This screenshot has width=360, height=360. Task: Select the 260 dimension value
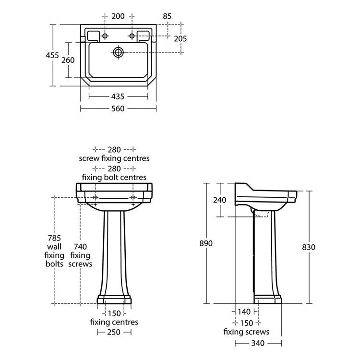tap(68, 60)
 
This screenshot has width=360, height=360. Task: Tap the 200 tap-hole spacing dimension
tap(118, 16)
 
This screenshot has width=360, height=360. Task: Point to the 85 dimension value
tap(167, 16)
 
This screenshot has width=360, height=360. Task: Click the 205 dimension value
tap(180, 38)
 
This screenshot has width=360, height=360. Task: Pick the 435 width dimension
tap(118, 96)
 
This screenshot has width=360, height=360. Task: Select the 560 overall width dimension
tap(118, 108)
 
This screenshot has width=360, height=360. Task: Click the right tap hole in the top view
tap(131, 35)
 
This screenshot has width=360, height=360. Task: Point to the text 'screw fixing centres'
tap(115, 158)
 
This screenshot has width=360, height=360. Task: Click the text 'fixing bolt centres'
tap(115, 177)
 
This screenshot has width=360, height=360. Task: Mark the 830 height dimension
tap(309, 247)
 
